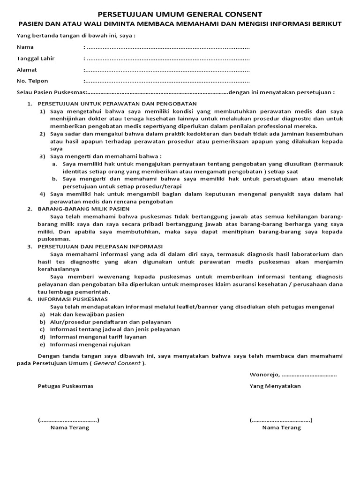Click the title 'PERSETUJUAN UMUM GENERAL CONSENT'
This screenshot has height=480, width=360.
click(180, 15)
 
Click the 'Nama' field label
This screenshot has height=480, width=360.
click(25, 47)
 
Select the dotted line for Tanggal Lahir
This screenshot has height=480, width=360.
click(168, 59)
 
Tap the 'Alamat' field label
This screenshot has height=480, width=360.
click(27, 70)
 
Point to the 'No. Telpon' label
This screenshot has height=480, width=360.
click(32, 81)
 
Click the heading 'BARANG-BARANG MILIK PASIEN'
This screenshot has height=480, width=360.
click(83, 209)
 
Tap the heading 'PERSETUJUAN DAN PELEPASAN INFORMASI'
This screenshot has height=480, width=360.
click(100, 246)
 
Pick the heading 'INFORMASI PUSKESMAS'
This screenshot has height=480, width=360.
click(73, 299)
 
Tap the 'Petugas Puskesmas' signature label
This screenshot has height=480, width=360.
click(66, 386)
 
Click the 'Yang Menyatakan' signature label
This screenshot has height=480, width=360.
click(275, 386)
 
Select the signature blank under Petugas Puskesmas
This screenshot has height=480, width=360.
click(68, 420)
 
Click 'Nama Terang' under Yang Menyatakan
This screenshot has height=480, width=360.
click(282, 427)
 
